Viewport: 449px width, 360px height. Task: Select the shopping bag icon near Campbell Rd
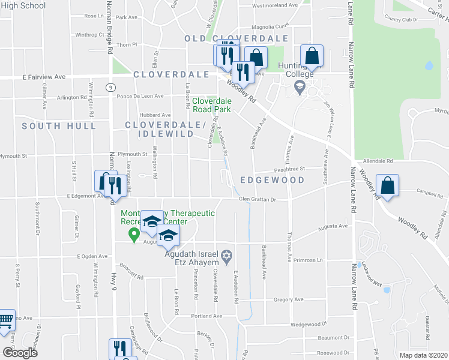(388, 186)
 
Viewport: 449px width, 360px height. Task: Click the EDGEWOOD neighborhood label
(272, 180)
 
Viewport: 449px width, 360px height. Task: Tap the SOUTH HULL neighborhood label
(59, 126)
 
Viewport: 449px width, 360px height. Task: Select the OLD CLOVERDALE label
(228, 38)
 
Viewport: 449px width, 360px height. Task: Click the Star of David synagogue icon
(226, 256)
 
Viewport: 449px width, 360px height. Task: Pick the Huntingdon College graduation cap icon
(299, 89)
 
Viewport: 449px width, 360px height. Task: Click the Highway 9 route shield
(111, 87)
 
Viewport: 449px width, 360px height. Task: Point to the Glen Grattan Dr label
(256, 200)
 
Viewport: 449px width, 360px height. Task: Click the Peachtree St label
(291, 169)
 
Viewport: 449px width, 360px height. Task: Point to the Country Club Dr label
(402, 20)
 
